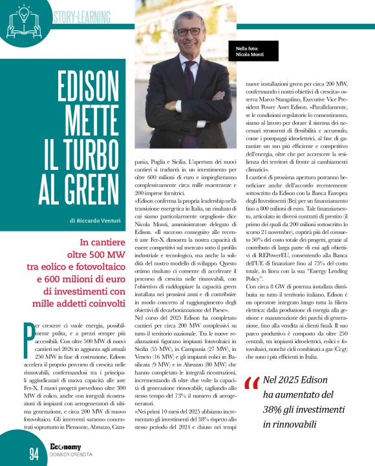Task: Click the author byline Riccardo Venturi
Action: click(x=98, y=220)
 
